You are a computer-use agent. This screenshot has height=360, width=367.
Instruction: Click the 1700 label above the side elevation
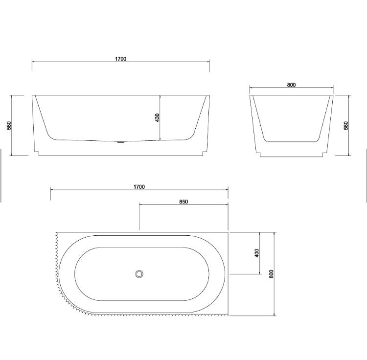[121, 59]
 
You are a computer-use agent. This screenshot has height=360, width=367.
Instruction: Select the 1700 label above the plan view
[139, 187]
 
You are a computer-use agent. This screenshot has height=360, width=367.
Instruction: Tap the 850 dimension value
[183, 202]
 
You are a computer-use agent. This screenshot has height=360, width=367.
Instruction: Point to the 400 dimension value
[257, 253]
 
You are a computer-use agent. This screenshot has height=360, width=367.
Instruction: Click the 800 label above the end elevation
[292, 85]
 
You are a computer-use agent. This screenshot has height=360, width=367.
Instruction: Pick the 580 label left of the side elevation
[9, 126]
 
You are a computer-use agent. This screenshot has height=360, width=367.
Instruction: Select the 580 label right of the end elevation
[346, 126]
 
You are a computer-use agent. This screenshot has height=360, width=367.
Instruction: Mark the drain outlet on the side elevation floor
[121, 142]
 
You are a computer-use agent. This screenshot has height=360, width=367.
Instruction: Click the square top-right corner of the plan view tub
[228, 233]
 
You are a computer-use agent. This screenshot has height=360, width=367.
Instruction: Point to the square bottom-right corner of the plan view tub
[228, 315]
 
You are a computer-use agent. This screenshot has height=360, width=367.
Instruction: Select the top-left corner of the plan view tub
[58, 233]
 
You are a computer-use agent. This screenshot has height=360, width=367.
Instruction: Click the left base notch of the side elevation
[37, 152]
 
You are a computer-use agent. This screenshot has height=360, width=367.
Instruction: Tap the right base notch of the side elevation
[205, 152]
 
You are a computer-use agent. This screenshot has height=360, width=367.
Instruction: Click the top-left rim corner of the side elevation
[33, 95]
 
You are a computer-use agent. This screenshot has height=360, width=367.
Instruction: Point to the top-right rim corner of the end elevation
[333, 95]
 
